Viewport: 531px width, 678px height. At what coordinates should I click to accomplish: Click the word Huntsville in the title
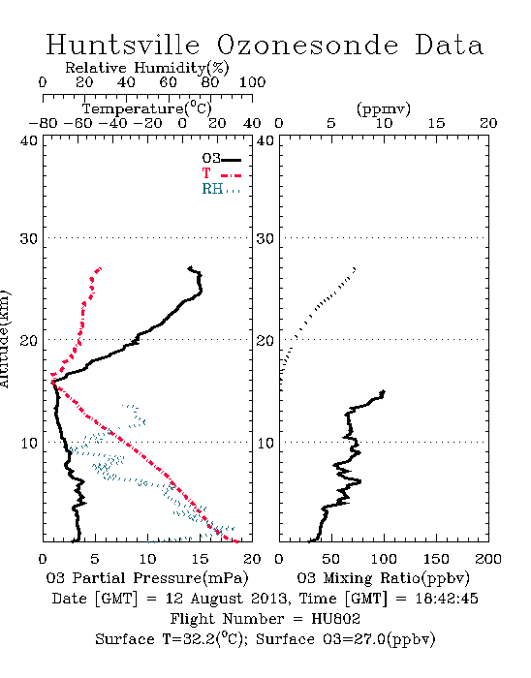click(123, 45)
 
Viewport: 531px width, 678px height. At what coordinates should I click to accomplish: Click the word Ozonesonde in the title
click(306, 46)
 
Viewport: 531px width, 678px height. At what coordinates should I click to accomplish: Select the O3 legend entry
click(221, 159)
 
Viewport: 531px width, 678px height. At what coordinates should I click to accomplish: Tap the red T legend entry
click(221, 173)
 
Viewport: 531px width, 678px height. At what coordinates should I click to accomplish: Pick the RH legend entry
click(221, 189)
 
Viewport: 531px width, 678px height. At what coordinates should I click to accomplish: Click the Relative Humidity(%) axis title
click(147, 68)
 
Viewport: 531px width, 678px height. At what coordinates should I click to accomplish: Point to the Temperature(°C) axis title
click(147, 108)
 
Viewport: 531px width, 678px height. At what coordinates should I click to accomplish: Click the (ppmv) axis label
click(384, 108)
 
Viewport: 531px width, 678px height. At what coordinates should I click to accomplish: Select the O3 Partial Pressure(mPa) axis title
click(147, 578)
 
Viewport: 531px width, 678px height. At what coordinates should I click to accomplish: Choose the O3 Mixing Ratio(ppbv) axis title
click(383, 578)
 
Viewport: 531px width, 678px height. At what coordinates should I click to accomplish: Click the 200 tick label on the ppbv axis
click(488, 559)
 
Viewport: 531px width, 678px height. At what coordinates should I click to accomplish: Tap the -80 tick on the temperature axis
click(43, 124)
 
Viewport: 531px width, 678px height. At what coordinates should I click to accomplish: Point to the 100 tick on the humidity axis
click(253, 82)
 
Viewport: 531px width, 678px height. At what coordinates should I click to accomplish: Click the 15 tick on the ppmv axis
click(436, 124)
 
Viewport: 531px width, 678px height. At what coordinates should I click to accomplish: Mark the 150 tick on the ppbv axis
click(436, 559)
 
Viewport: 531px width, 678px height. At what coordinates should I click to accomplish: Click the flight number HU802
click(336, 619)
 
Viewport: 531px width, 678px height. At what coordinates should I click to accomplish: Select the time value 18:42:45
click(447, 599)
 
